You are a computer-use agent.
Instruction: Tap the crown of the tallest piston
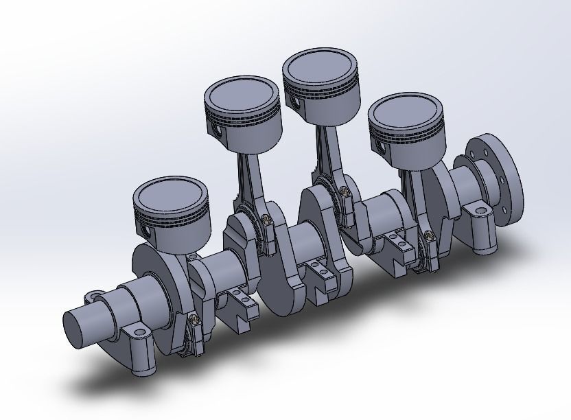point(321,68)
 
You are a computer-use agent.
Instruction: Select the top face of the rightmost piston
point(408,112)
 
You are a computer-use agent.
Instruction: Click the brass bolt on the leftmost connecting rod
point(194,319)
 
